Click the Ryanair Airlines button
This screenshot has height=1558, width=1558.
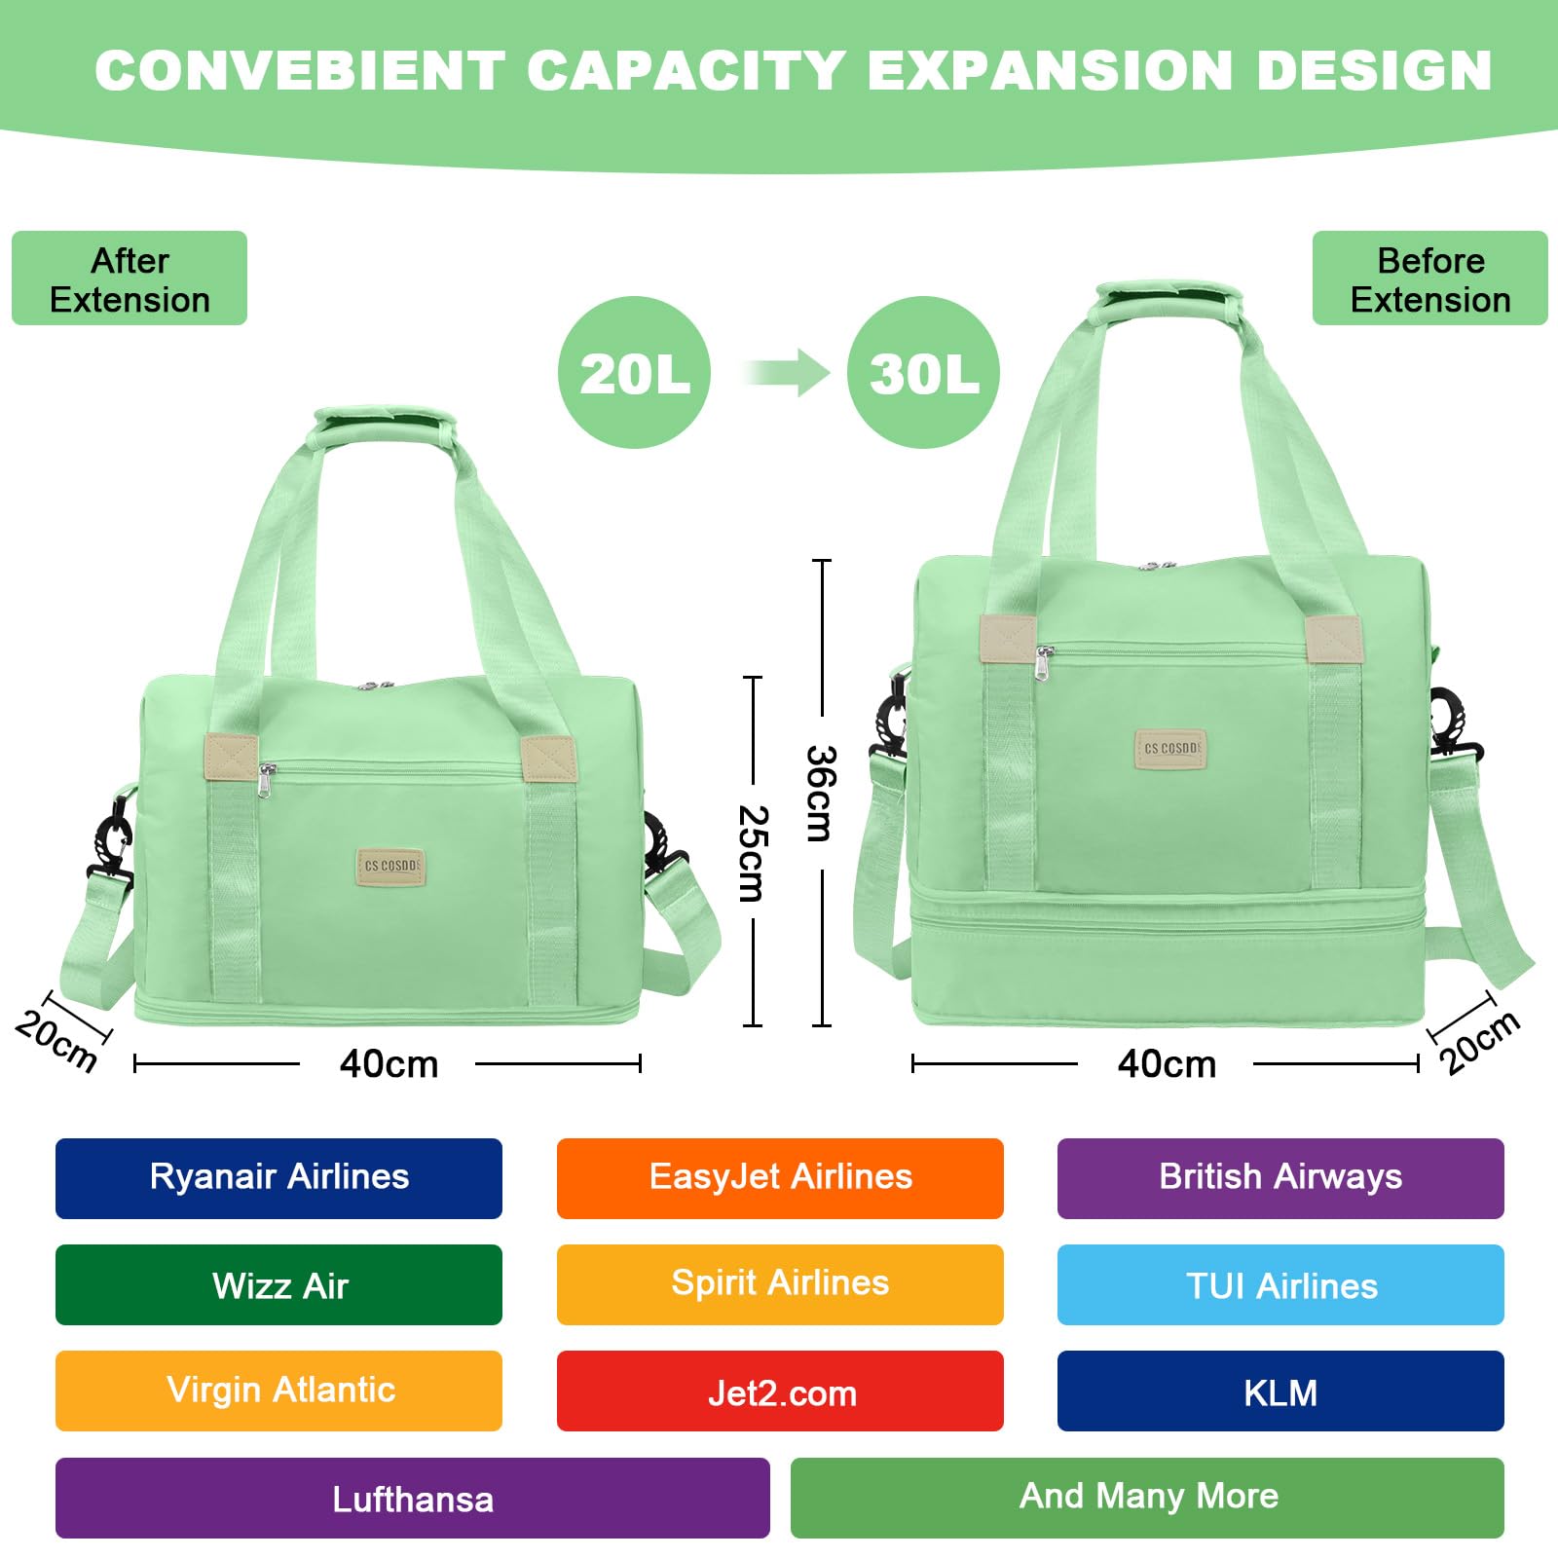[x=278, y=1178]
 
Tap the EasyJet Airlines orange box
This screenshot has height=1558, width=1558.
[x=780, y=1178]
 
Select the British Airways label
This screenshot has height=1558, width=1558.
[x=1280, y=1178]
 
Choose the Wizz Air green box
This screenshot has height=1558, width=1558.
[x=278, y=1285]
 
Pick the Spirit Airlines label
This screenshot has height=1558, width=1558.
[x=780, y=1284]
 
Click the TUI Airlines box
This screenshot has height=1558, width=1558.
[x=1280, y=1285]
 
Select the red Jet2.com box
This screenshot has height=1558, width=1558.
[x=780, y=1391]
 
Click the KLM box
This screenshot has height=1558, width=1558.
[x=1280, y=1391]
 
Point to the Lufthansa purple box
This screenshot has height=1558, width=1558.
[x=412, y=1499]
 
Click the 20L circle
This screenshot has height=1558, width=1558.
[x=634, y=373]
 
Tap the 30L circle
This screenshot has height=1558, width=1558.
[x=923, y=373]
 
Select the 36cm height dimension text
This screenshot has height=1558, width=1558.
[x=821, y=793]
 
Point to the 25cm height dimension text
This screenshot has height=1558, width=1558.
[x=753, y=853]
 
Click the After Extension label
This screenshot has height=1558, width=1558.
[x=130, y=278]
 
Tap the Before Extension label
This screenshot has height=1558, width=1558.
[x=1429, y=278]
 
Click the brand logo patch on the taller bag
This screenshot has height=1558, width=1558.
[x=1170, y=749]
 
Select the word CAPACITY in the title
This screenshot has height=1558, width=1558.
[x=686, y=70]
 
